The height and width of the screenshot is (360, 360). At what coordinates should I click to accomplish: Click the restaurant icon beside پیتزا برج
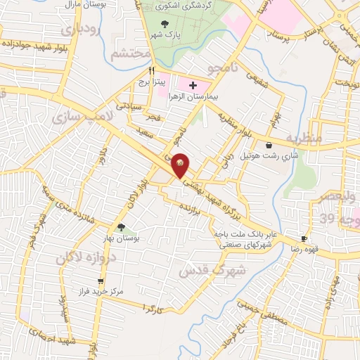pos(151,71)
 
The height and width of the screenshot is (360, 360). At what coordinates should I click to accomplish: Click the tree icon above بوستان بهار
pos(122,227)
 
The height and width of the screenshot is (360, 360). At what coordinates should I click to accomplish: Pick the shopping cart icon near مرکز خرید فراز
pos(81,281)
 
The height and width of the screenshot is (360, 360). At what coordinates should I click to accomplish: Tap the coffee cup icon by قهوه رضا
pos(304,239)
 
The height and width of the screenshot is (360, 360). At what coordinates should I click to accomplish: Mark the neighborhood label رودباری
pos(77,30)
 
